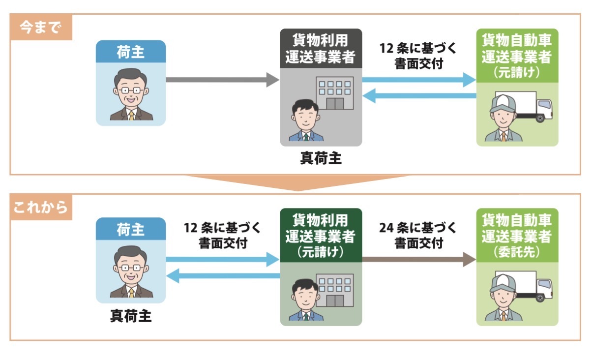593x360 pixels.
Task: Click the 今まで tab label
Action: point(40,28)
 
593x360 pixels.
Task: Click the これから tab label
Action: point(40,208)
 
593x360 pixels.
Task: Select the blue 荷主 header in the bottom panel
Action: point(131,229)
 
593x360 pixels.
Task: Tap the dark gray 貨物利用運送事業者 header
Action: point(321,48)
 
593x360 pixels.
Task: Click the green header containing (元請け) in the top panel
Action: point(517,55)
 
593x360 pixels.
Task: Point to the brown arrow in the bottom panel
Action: point(418,259)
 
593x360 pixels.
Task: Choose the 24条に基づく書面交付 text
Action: point(418,235)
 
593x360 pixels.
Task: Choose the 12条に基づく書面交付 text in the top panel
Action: point(418,57)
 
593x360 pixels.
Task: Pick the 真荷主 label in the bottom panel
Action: point(131,315)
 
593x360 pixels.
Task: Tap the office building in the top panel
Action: point(334,93)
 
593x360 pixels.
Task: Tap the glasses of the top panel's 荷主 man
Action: point(131,90)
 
